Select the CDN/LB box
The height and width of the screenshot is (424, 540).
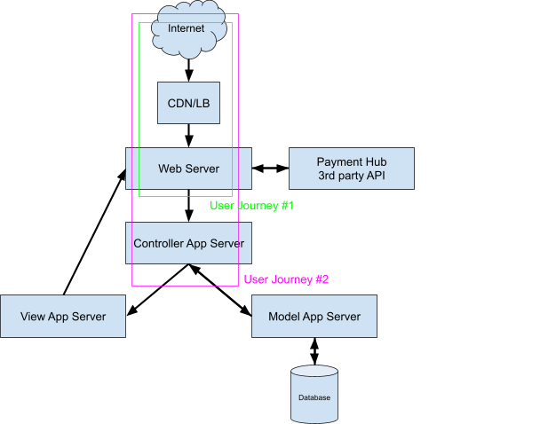coord(188,104)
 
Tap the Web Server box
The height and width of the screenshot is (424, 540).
coord(188,169)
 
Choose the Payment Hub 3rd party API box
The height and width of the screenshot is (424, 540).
coord(352,169)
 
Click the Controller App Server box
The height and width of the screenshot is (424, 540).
coord(188,243)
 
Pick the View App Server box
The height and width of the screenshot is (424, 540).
coord(63,317)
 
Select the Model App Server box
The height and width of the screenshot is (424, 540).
coord(314,317)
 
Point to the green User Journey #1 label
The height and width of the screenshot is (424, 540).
coord(251,205)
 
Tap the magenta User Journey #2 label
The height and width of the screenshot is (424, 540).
coord(286,279)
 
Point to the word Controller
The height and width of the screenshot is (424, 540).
coord(158,243)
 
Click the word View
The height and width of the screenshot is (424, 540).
coord(32,317)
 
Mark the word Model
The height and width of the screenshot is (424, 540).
coord(283,317)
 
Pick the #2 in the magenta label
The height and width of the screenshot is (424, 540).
coord(322,279)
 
